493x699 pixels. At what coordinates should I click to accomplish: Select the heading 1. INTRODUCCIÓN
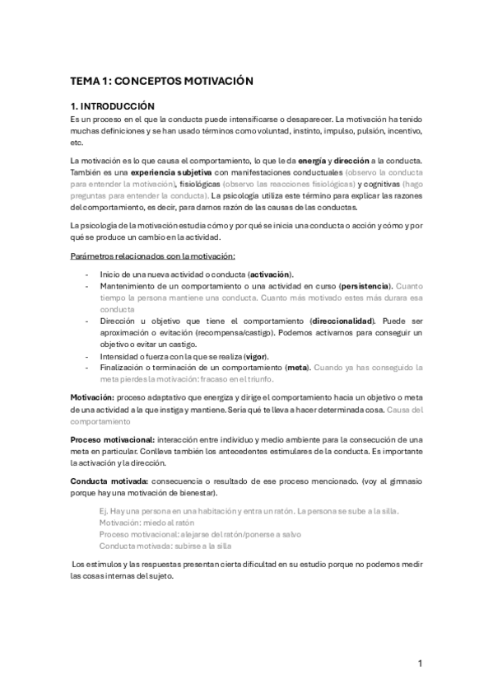click(113, 106)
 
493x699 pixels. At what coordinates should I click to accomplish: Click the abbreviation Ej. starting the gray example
click(104, 511)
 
